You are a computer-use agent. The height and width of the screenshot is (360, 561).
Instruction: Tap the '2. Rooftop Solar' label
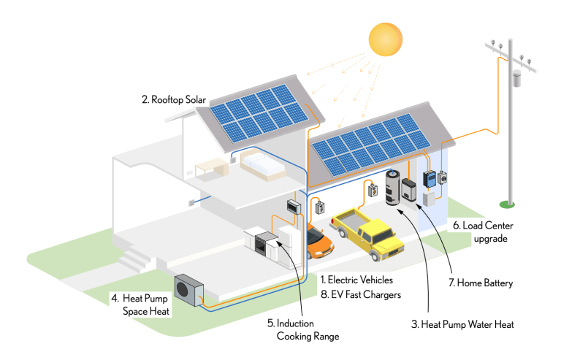(x=175, y=100)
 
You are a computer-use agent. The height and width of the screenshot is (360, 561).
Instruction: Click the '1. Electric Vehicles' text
(x=356, y=280)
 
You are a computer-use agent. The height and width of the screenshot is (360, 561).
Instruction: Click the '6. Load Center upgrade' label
(x=488, y=232)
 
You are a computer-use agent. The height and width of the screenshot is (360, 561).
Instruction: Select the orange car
(x=318, y=240)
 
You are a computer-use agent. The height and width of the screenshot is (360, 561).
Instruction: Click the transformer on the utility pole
(x=517, y=77)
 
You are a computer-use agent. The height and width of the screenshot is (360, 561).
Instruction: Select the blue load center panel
(x=430, y=177)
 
